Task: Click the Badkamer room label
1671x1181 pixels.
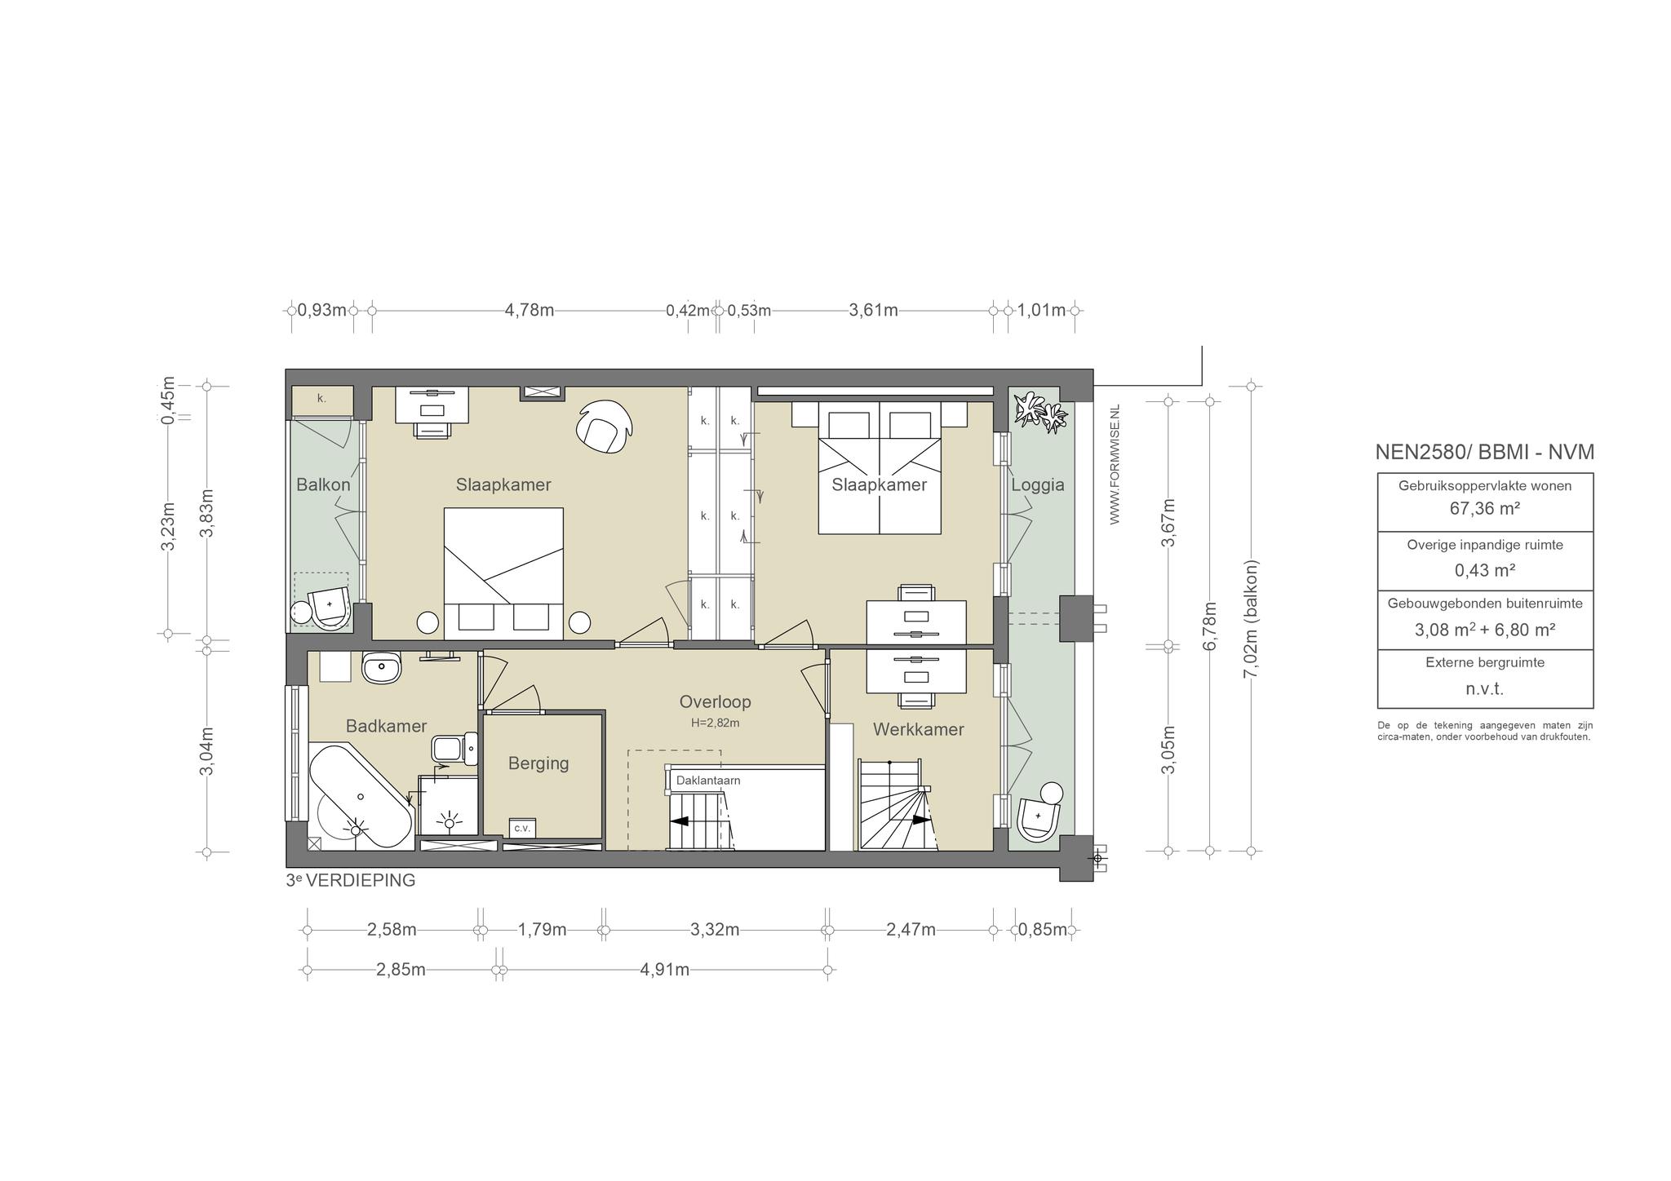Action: pos(386,726)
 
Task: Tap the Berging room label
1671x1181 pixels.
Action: pos(539,764)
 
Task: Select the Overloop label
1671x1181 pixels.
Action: pos(715,701)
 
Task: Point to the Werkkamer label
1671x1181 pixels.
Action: pos(919,729)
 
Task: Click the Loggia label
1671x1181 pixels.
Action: pos(1038,485)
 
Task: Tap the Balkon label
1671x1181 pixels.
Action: pos(323,484)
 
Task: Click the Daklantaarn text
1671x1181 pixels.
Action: pos(708,781)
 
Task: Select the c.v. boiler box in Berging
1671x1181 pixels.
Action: pos(522,828)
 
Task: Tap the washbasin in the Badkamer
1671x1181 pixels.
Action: pos(382,668)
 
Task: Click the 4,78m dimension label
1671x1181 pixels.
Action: pos(530,310)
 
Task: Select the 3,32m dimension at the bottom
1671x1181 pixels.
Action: pos(715,929)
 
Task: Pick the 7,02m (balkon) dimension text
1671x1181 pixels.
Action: pos(1251,619)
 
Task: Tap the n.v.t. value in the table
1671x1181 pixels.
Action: pos(1485,689)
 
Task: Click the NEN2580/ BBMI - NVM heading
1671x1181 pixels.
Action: pos(1484,452)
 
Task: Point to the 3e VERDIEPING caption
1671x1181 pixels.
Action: pos(351,881)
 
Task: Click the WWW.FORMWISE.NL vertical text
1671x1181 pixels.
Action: pos(1115,464)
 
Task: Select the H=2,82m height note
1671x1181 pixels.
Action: pos(715,723)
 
